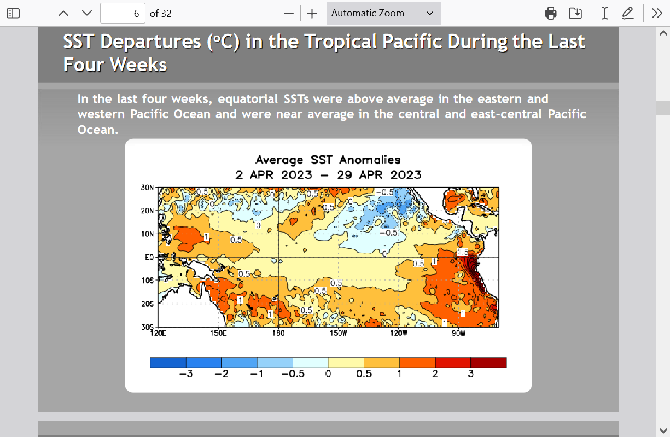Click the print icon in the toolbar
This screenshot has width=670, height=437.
(550, 14)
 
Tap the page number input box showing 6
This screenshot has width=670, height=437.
(123, 13)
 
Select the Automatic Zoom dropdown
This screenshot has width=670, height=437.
(383, 13)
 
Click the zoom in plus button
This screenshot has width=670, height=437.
(312, 14)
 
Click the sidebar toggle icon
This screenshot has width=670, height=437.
(13, 14)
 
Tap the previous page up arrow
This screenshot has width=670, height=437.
(63, 14)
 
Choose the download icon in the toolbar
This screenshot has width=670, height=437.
(575, 14)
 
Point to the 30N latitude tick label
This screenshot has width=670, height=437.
(147, 188)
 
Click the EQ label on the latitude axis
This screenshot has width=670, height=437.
(149, 257)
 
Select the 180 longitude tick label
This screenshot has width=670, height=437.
(278, 333)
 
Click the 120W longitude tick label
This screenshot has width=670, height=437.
(398, 333)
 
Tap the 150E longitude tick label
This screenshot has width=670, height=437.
(218, 333)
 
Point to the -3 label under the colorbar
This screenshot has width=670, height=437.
(186, 374)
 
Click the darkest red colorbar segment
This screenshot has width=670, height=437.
(489, 362)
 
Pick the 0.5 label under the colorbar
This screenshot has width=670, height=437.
(364, 374)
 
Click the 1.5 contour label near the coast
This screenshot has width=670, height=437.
(462, 252)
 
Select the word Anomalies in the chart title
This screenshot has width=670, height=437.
(370, 160)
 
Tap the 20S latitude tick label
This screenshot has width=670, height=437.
(147, 304)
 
